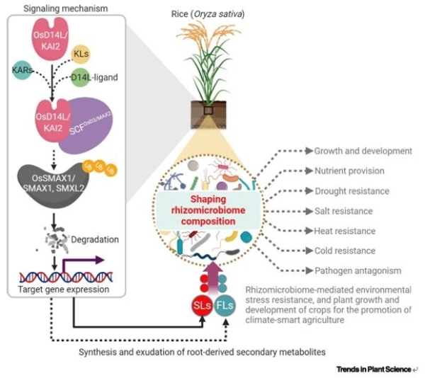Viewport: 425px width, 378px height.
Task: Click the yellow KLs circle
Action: [83, 54]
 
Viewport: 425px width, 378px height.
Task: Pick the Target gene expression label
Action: [63, 290]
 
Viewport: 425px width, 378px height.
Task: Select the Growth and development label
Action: [363, 151]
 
